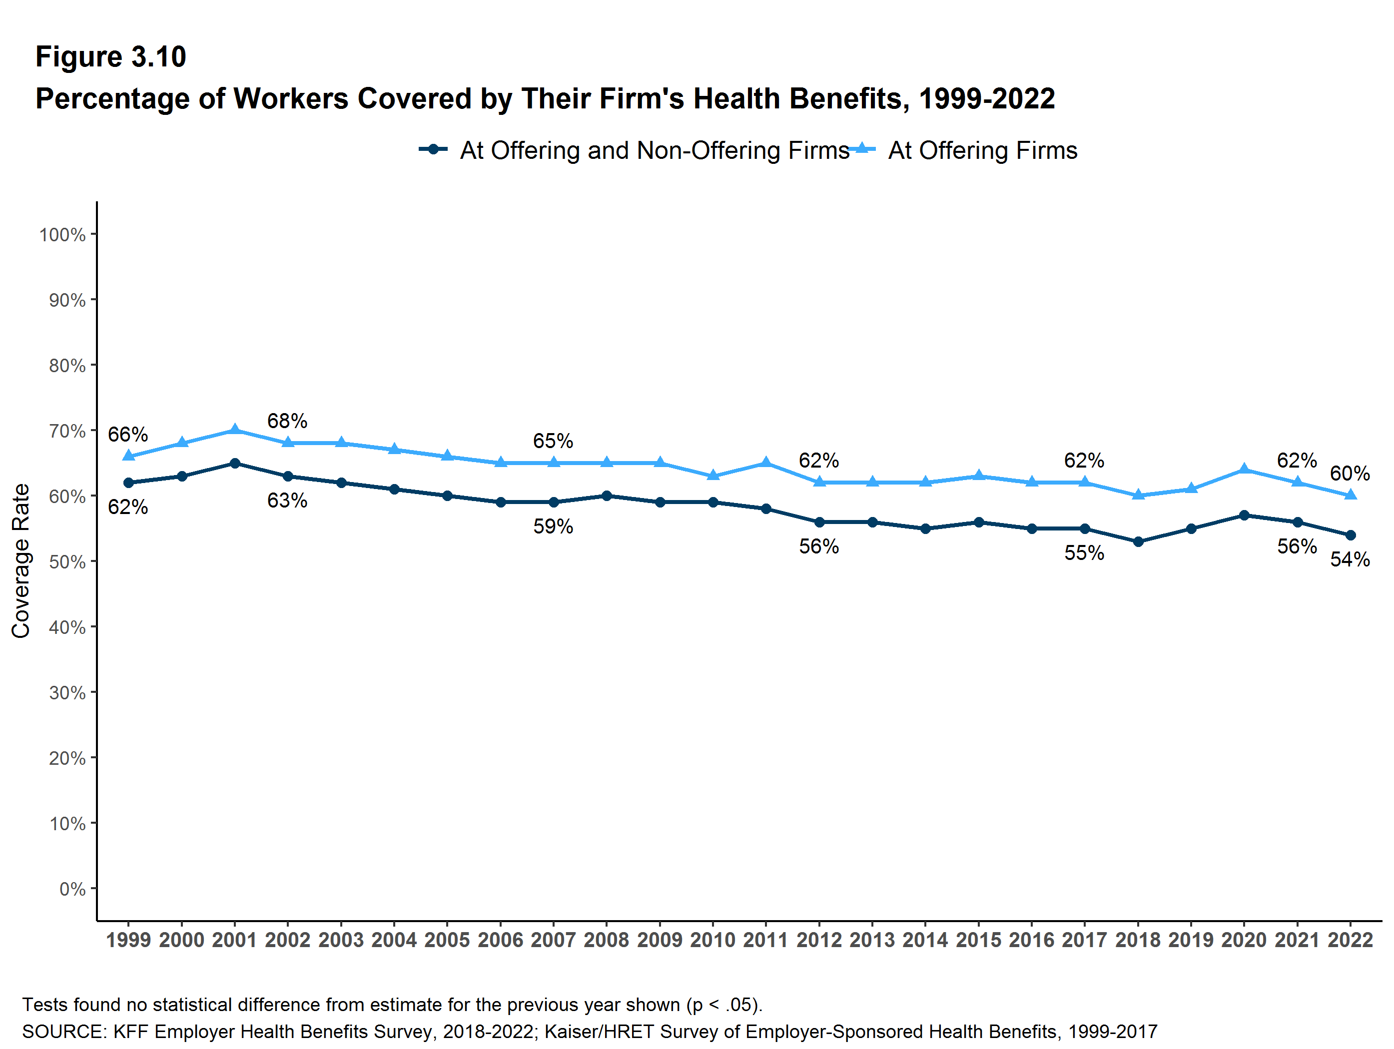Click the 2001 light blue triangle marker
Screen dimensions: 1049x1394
coord(235,430)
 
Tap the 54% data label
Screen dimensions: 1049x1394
coord(1350,559)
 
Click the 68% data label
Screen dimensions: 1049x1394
coord(287,421)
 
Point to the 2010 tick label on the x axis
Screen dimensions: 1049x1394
coord(713,940)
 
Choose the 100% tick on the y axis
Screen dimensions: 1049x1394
coord(62,235)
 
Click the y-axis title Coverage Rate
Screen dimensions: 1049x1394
coord(21,561)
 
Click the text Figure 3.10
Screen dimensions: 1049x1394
coord(111,57)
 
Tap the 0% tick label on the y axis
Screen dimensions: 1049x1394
coord(72,889)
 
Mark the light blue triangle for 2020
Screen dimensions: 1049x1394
coord(1244,469)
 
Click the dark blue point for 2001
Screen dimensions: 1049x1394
coord(235,464)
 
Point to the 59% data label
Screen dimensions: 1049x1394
coord(553,526)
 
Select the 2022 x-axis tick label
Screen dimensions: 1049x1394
coord(1350,940)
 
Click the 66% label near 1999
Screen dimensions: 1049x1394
coord(128,434)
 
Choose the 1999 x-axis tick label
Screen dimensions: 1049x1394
coord(128,940)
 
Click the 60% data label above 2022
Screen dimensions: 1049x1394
coord(1350,473)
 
